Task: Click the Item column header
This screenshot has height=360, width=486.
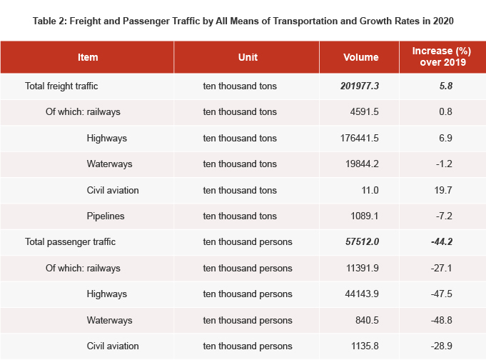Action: (x=88, y=57)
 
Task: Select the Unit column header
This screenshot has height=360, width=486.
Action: (x=248, y=57)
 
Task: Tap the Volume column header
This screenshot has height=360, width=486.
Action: (x=360, y=57)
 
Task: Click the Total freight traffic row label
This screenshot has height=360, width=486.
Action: (x=61, y=86)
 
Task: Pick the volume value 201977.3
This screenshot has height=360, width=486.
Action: (x=360, y=86)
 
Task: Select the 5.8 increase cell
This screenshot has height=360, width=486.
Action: (x=446, y=86)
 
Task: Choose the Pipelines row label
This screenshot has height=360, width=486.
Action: (x=106, y=216)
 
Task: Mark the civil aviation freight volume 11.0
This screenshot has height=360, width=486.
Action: (x=370, y=190)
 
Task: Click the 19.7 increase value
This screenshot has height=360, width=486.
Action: (x=444, y=190)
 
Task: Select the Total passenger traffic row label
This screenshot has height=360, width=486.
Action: (x=70, y=241)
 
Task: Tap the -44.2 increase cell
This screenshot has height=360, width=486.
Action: (x=442, y=241)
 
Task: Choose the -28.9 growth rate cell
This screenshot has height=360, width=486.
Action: (x=442, y=346)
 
